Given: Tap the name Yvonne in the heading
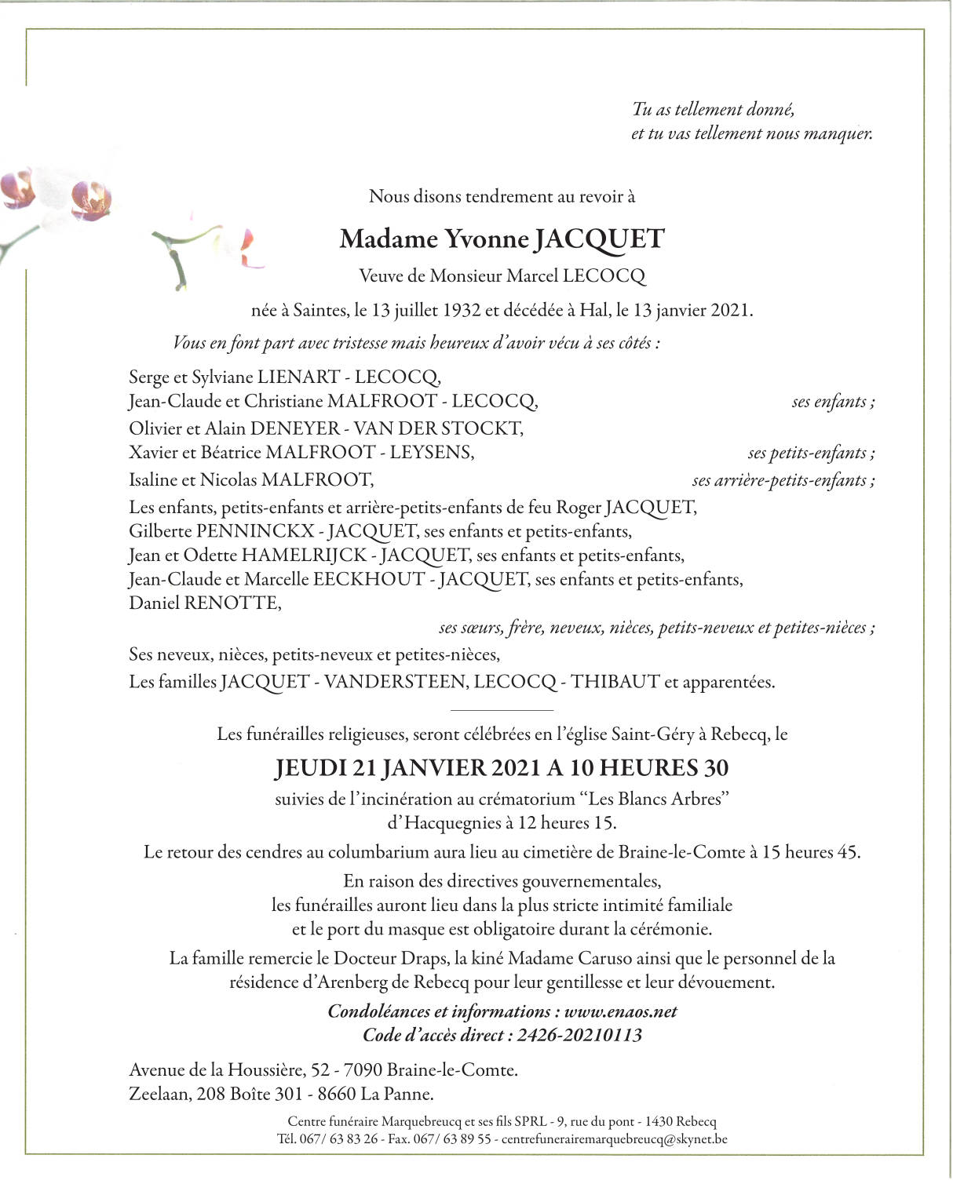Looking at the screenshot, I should point(487,239).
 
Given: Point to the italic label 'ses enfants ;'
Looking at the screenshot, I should point(833,403).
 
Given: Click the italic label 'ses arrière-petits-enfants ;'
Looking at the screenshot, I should point(783,481).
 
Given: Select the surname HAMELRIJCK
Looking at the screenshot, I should point(304,556).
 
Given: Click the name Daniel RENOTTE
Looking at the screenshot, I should point(205,604).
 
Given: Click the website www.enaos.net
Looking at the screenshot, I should point(620,1012).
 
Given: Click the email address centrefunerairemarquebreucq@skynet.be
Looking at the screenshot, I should point(614,1139).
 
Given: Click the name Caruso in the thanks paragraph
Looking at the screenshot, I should point(604,959).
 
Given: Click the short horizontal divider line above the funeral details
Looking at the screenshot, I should point(502,710).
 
